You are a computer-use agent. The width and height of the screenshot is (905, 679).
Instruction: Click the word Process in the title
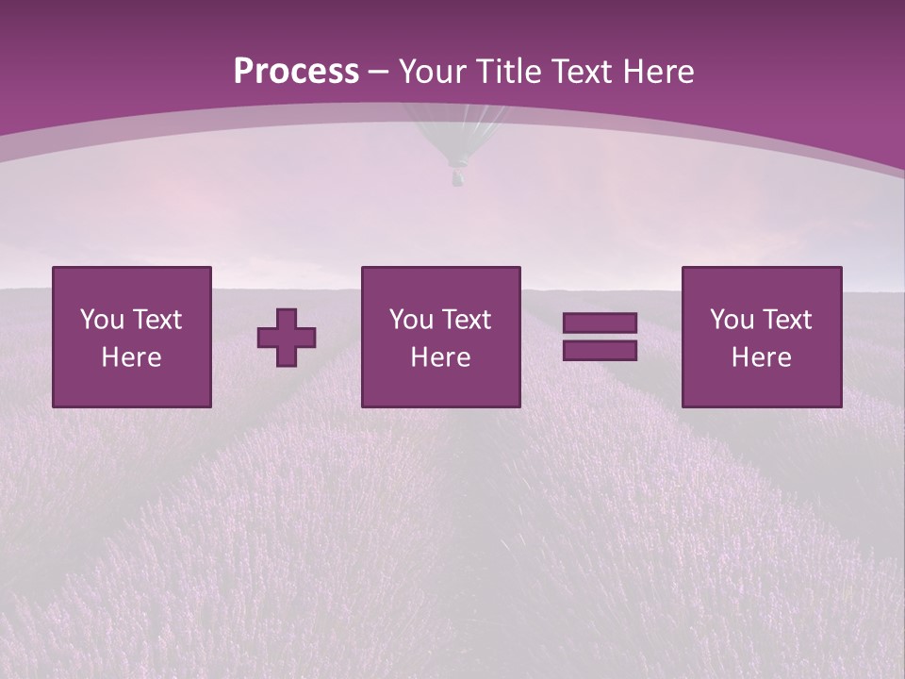[296, 72]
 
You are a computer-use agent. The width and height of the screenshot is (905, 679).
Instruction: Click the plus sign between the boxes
[287, 338]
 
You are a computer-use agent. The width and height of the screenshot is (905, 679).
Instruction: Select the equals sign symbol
[600, 337]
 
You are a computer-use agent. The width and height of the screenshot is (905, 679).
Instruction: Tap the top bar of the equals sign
[600, 323]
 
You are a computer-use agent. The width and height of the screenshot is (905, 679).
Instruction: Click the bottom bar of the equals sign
[600, 350]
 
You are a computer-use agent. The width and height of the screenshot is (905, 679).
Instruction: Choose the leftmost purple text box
[132, 337]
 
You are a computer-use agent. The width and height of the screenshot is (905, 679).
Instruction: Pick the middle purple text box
[440, 337]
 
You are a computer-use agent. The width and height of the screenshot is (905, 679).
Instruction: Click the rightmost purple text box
[762, 337]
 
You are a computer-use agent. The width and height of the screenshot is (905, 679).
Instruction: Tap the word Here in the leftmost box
[131, 357]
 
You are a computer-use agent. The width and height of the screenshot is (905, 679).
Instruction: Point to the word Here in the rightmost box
[761, 357]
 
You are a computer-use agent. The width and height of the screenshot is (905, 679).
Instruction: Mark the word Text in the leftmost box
[158, 320]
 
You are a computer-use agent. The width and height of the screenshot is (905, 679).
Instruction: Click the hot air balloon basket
[458, 177]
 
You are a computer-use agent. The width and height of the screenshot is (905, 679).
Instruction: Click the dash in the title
[379, 72]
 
